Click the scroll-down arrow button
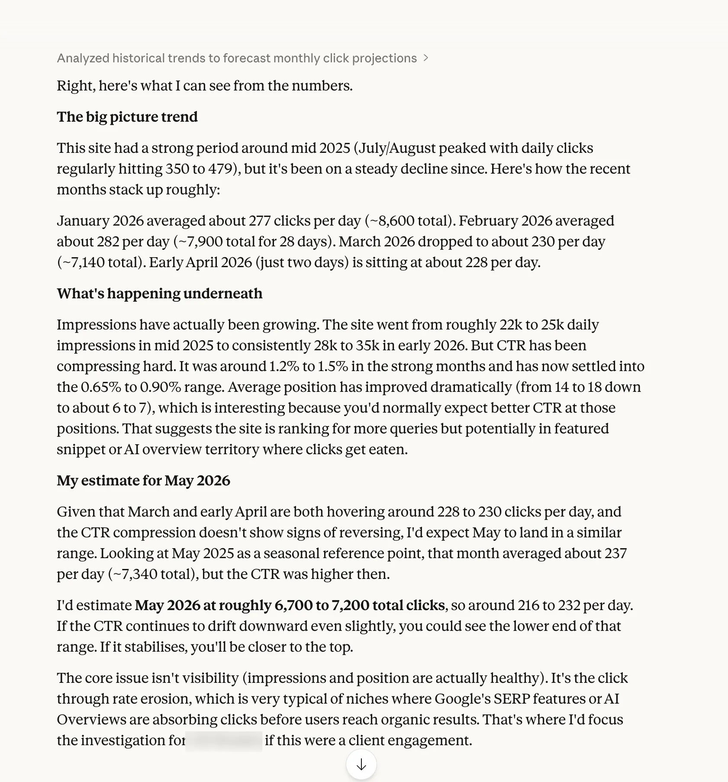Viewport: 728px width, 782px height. tap(361, 765)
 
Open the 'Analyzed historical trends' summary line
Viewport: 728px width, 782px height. tap(237, 58)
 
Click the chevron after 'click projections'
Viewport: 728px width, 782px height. tap(426, 58)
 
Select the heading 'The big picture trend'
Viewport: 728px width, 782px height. tap(127, 117)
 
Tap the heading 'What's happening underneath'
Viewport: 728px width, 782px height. tap(159, 294)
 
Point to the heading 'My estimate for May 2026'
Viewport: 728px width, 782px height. tap(143, 481)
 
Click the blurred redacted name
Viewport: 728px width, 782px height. tap(224, 740)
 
